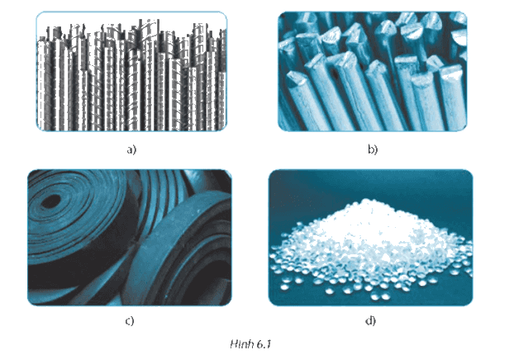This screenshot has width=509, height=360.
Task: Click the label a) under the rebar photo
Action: click(132, 149)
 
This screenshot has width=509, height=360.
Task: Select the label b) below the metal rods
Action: click(373, 149)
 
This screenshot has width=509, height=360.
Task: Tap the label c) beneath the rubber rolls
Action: click(129, 320)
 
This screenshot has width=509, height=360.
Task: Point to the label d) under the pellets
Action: click(370, 320)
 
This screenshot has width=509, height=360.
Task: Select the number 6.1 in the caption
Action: click(264, 343)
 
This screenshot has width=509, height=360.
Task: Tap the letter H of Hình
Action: click(234, 343)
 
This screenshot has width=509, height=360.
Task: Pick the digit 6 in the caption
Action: click(259, 343)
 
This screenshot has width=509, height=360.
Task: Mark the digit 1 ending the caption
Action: click(268, 343)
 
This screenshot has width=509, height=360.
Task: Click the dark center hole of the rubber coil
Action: click(51, 201)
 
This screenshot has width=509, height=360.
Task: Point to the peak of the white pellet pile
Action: click(366, 201)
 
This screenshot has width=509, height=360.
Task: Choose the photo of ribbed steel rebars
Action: click(131, 71)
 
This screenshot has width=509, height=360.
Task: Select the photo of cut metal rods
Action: click(373, 71)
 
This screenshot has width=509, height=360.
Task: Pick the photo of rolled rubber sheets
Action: click(130, 238)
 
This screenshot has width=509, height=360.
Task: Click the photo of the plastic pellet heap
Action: click(370, 238)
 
